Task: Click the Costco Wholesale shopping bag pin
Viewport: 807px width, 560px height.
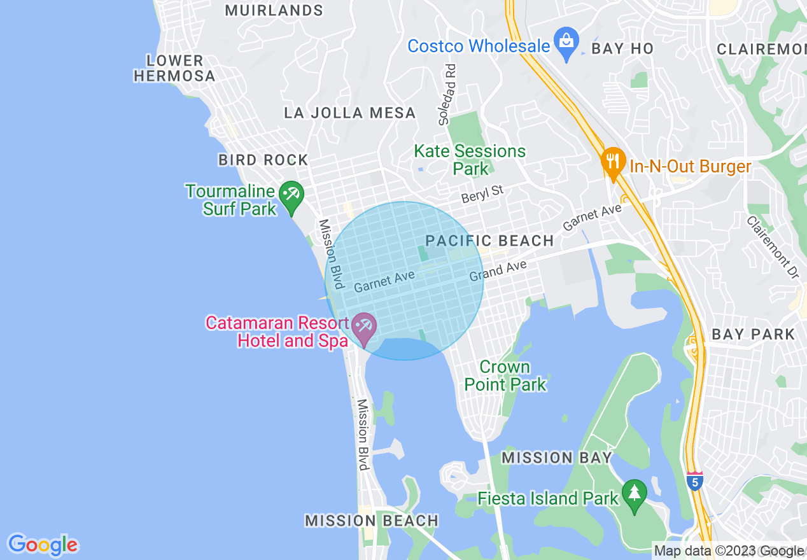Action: [x=565, y=43]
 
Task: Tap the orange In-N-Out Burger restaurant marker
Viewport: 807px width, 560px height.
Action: [x=613, y=163]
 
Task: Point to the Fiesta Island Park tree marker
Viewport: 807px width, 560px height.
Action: [x=634, y=494]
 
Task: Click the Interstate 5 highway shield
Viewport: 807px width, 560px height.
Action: [x=695, y=482]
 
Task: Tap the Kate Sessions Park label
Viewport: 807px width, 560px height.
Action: [x=470, y=160]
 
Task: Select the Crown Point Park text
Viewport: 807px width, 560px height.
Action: [x=505, y=375]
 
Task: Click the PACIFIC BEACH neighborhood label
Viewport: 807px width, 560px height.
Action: [x=489, y=241]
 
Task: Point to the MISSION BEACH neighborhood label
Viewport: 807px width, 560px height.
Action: [x=372, y=521]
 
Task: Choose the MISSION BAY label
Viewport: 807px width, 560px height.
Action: [x=556, y=458]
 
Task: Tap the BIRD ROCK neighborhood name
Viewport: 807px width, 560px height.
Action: [x=263, y=160]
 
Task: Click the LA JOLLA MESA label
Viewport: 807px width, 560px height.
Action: [x=349, y=113]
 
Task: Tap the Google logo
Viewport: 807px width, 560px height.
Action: [x=43, y=545]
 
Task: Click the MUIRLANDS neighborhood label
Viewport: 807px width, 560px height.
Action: [x=274, y=11]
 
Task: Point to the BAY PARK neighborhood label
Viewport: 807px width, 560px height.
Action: [x=753, y=334]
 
